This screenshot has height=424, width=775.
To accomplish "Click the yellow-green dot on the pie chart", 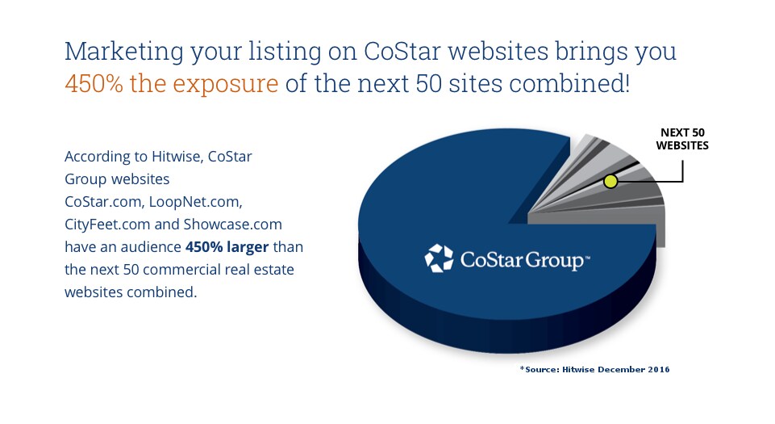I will pos(610,181).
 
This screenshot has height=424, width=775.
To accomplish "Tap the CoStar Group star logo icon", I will pos(440,258).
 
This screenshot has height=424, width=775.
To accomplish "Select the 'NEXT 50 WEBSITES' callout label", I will pos(681,139).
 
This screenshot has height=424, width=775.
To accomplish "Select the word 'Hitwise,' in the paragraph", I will pos(178,157).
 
